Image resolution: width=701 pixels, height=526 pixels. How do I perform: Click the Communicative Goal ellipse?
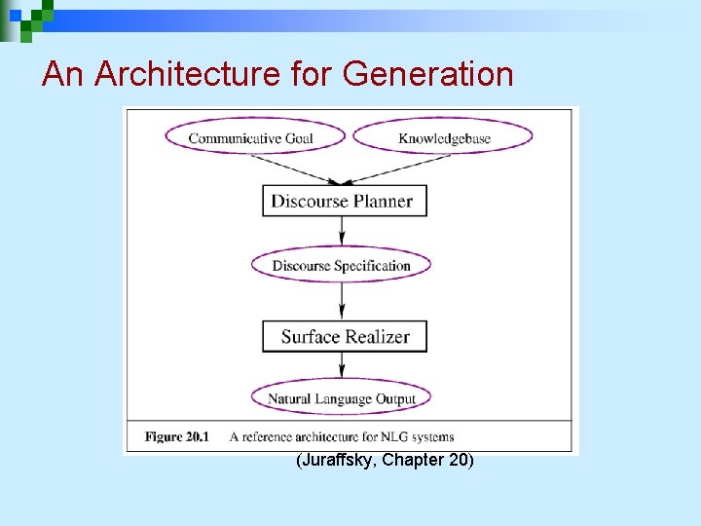250,137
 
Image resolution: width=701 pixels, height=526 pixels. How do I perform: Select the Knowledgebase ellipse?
444,137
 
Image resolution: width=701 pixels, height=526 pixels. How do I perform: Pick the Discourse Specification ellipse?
342,266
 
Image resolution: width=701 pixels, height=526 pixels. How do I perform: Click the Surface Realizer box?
345,337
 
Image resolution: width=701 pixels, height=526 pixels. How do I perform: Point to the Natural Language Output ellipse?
342,398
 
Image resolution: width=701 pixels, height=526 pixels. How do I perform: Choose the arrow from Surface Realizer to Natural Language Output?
342,366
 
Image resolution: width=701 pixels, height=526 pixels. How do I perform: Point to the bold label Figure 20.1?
176,436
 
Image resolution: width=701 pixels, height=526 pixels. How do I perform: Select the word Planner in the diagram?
379,202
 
